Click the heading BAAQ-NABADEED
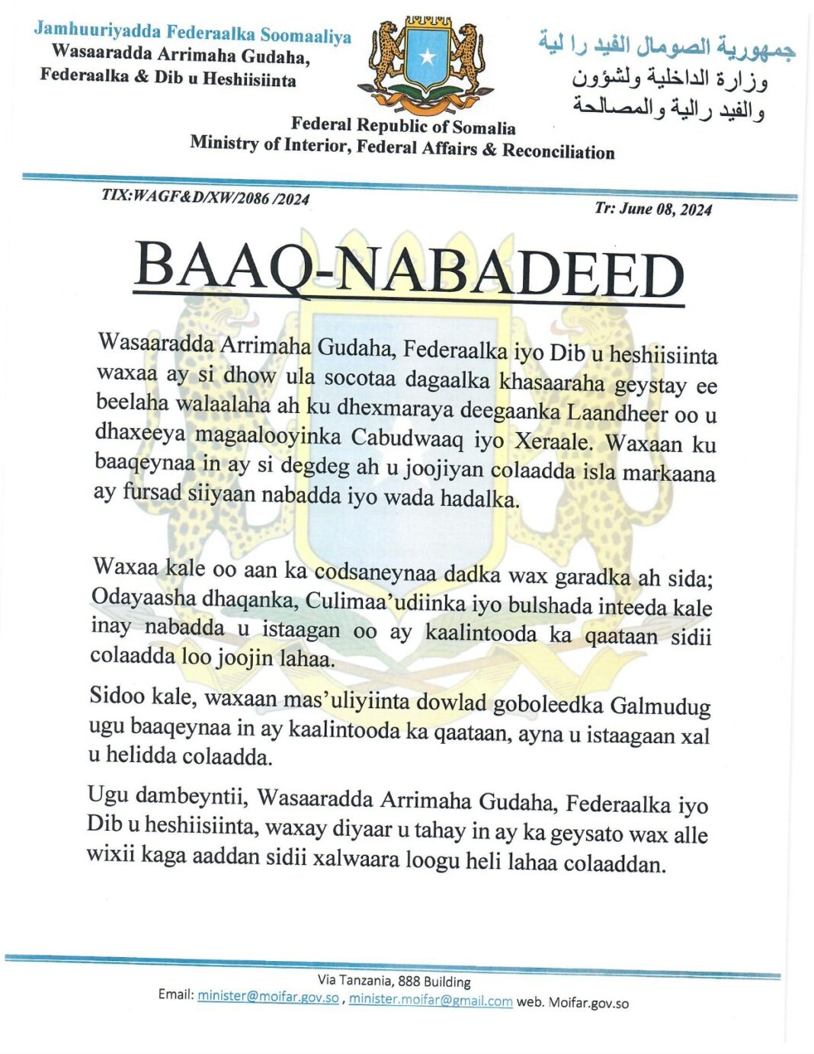[409, 272]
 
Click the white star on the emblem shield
[428, 56]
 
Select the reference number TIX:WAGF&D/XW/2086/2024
[206, 197]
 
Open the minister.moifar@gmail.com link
[431, 1000]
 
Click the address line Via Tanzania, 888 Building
[394, 981]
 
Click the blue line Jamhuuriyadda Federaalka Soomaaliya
[192, 34]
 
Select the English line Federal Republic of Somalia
[403, 126]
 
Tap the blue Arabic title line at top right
[667, 46]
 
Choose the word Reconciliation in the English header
[558, 151]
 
